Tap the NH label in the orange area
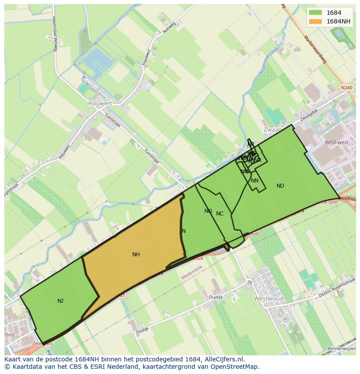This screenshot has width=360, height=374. pos(136,255)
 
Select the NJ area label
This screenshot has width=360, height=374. pos(60,301)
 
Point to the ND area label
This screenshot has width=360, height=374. pos(280,186)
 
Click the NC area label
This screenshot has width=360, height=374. pos(220,214)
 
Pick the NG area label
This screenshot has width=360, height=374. pos(208,211)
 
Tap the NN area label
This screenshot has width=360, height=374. pos(255,181)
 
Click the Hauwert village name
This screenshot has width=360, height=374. pos(100,103)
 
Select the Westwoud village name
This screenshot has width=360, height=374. pos(268,299)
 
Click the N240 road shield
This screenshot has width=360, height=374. pos(347,88)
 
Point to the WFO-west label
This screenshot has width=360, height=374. pos(336,142)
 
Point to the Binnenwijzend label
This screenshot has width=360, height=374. pos(342,348)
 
